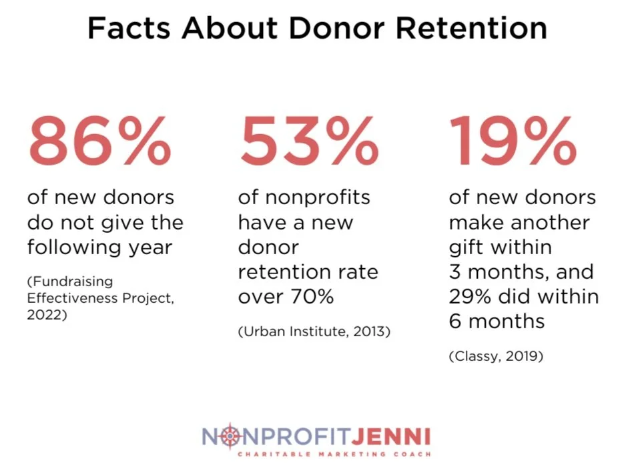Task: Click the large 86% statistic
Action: coord(99,141)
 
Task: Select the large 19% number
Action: coord(513,141)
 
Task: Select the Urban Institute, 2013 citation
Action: coord(314,331)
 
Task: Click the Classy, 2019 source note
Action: coord(496,356)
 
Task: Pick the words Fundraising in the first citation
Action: coord(69,281)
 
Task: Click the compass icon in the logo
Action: coord(230,437)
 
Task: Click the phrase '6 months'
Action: coord(497,322)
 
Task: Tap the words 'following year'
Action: coord(99,248)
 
